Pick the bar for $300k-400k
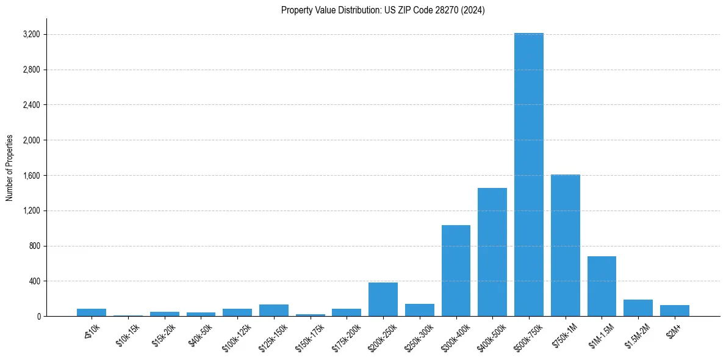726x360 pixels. click(456, 271)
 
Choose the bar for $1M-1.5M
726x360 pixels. click(602, 286)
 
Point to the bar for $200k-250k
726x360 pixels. click(383, 300)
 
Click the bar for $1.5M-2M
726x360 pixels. click(638, 308)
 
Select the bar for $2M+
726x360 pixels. click(674, 311)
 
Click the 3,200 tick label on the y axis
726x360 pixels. click(31, 34)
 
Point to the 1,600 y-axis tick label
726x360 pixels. click(31, 176)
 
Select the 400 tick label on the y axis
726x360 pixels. click(34, 281)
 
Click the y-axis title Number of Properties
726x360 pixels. click(10, 168)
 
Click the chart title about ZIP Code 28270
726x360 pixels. click(383, 10)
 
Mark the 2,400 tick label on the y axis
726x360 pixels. click(31, 105)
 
